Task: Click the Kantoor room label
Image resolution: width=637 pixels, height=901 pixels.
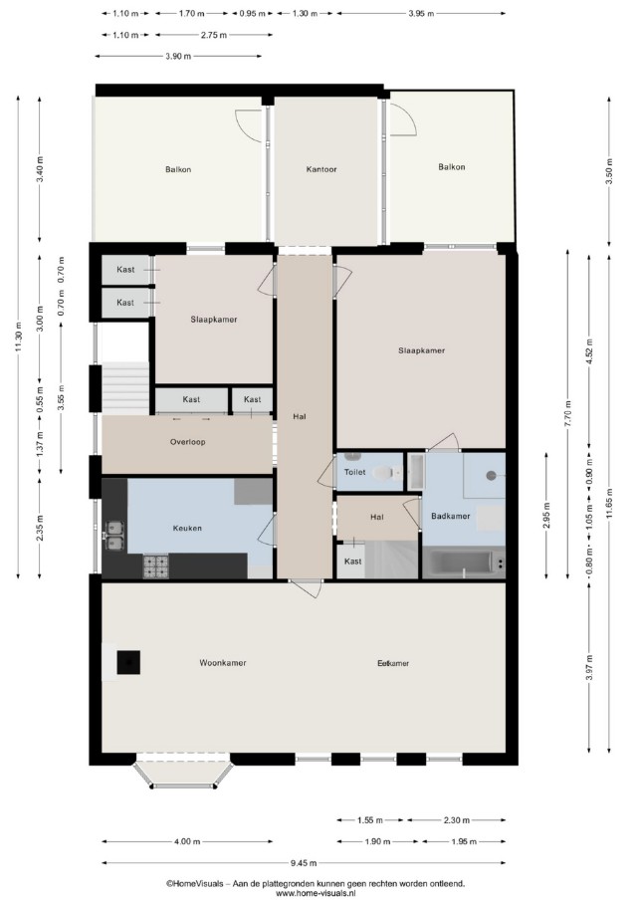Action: pos(321,169)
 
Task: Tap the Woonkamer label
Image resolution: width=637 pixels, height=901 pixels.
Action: pos(223,662)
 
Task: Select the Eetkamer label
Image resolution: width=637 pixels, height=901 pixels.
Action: pos(393,663)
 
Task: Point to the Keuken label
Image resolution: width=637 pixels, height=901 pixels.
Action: pos(187,528)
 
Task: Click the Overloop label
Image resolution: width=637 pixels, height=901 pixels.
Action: pos(187,442)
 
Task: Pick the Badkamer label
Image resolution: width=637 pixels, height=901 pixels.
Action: pos(451,516)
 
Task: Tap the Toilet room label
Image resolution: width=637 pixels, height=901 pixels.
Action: pos(355,472)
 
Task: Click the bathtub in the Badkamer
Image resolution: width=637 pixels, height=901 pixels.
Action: pos(463,563)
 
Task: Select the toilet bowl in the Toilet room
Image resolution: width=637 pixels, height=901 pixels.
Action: pos(385,473)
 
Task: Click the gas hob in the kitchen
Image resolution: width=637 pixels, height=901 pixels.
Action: pos(155,566)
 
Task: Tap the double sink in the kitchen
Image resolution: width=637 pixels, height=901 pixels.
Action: pos(113,535)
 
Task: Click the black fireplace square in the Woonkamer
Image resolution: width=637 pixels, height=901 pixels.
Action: pos(128,662)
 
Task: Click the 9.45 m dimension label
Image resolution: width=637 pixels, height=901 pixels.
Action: pos(303,862)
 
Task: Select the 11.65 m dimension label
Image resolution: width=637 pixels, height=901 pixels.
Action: pos(609,504)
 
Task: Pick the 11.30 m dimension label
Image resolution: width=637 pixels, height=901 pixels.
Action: pos(19,337)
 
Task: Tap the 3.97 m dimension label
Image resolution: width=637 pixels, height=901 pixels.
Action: pos(589,668)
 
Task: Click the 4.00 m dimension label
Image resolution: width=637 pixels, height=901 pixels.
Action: pos(187,841)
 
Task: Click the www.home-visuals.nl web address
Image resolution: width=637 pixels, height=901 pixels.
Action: pos(316,893)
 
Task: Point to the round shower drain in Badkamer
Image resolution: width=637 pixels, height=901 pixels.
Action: pos(491,475)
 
